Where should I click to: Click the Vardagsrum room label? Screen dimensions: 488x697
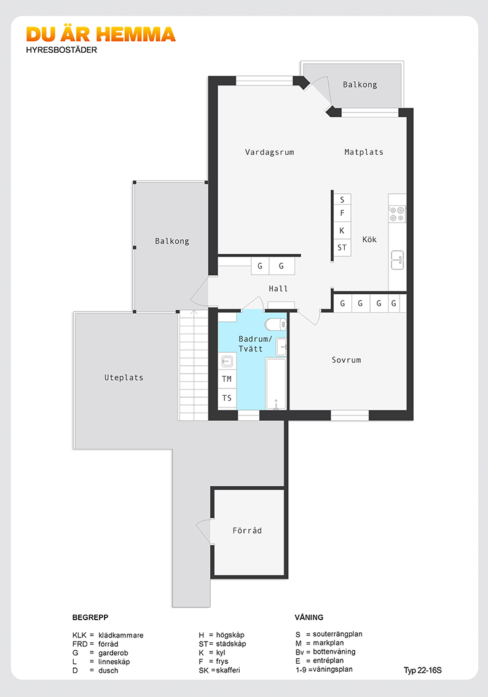coord(269,152)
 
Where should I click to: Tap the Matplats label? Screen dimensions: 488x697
coord(364,152)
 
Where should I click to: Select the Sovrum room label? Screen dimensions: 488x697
coord(346,360)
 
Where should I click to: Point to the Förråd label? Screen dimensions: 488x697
coord(247,530)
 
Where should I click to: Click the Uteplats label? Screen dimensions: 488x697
coord(124,378)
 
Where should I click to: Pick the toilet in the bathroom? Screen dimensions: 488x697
coord(275,325)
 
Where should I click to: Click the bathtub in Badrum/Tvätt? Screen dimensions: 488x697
coord(276,384)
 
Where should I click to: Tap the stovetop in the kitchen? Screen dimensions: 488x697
coord(397,214)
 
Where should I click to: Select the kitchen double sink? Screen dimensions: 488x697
coord(397,260)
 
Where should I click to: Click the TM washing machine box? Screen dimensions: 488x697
coord(227,379)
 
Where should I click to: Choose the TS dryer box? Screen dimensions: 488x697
coord(227,398)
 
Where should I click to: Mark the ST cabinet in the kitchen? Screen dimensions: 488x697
coord(342,248)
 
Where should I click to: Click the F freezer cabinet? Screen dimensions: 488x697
coord(342,213)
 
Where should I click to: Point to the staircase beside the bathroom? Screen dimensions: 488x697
coord(194,365)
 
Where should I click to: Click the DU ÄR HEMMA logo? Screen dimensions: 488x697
coord(101,34)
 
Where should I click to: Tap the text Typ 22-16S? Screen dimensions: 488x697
coord(423,671)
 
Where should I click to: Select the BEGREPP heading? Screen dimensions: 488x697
coord(90,618)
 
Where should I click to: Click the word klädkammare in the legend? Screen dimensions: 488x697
coord(121,635)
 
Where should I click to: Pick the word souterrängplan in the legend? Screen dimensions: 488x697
coord(337,634)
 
